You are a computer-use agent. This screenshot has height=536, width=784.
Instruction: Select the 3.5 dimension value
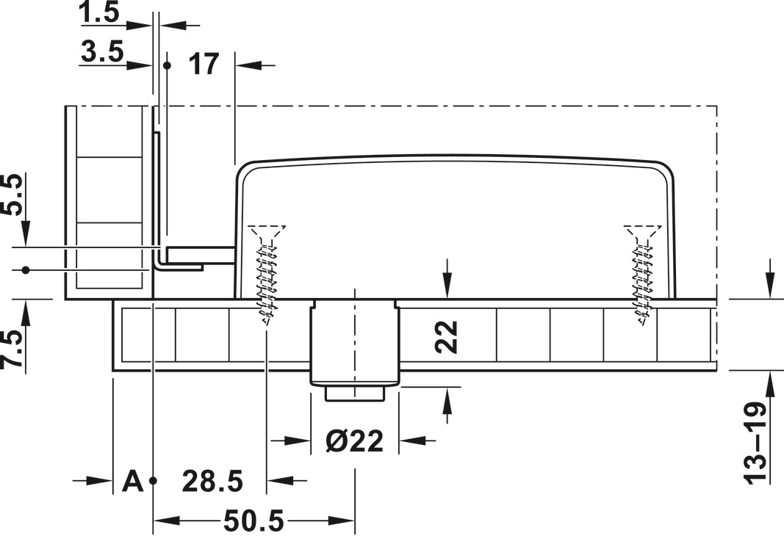click(x=102, y=51)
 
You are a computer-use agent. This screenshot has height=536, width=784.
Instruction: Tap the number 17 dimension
click(x=204, y=64)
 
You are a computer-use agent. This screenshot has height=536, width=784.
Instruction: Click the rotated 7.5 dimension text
click(x=12, y=348)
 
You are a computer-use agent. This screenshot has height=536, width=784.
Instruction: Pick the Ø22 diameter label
click(x=354, y=441)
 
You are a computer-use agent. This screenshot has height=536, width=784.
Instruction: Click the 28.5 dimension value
click(x=212, y=481)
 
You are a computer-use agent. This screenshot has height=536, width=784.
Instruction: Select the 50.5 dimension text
click(x=253, y=521)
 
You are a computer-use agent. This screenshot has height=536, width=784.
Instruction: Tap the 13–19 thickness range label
click(x=755, y=443)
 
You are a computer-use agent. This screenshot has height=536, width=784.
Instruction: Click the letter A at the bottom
click(x=132, y=481)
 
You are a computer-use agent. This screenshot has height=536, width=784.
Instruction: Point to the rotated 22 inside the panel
click(x=447, y=337)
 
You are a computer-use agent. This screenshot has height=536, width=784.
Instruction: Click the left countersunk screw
click(x=267, y=275)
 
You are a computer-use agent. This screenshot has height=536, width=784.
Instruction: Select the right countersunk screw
click(x=642, y=275)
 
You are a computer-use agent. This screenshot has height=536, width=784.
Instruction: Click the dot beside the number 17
click(x=167, y=65)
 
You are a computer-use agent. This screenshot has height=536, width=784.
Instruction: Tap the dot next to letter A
click(x=153, y=480)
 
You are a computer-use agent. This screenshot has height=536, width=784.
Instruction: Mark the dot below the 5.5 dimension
click(x=26, y=270)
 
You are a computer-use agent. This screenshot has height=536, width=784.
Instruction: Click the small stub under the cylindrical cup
click(x=355, y=393)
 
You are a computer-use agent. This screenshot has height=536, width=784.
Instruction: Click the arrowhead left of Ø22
click(x=297, y=441)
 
